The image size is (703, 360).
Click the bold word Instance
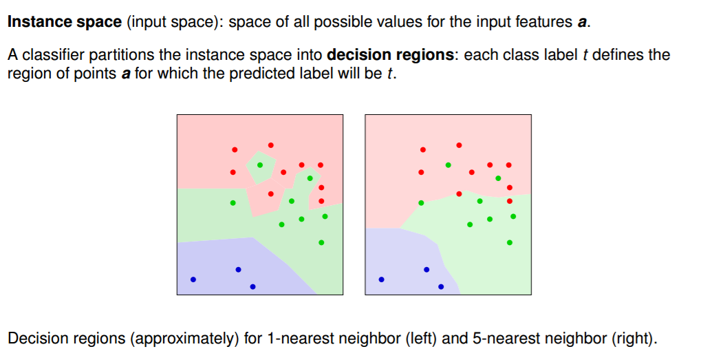(x=36, y=21)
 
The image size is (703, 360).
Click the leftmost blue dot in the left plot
(x=193, y=279)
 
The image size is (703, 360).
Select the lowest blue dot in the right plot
(x=441, y=286)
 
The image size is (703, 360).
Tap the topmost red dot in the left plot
(x=271, y=145)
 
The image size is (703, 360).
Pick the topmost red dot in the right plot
(x=459, y=145)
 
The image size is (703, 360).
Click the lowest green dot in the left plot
(x=321, y=242)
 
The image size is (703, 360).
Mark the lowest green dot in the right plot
(x=510, y=242)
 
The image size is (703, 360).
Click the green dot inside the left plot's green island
(x=260, y=165)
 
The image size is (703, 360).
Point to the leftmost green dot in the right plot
(x=421, y=202)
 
